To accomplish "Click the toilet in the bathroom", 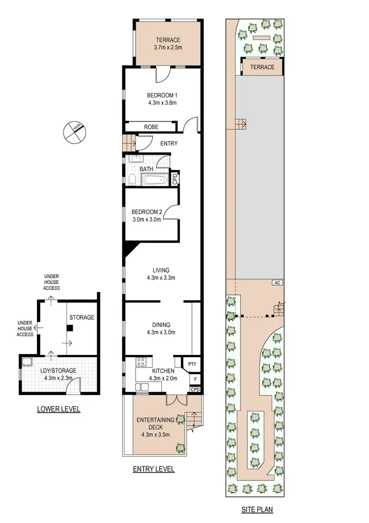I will tap(132, 180).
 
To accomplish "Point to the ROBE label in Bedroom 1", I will tap(151, 127).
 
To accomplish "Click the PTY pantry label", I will tap(192, 365).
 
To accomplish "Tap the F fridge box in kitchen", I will tap(195, 379).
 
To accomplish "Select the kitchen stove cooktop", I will tap(142, 361).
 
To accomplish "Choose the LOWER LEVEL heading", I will tap(59, 409).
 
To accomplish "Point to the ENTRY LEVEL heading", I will tap(154, 469).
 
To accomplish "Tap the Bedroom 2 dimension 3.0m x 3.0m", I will tap(146, 220).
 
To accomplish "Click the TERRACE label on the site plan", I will tap(262, 67).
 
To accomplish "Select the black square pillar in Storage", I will tap(70, 327).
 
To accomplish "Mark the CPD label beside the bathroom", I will tap(174, 178).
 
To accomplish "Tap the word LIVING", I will tap(160, 270).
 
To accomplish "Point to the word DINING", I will tap(161, 325).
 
